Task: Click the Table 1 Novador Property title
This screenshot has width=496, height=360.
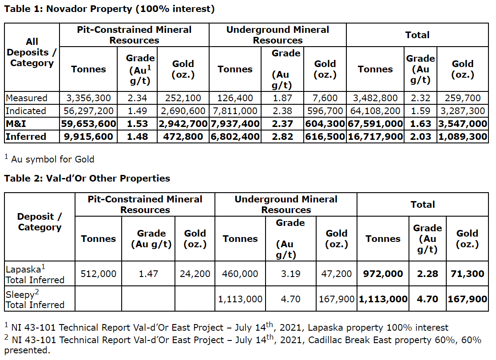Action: coord(109,9)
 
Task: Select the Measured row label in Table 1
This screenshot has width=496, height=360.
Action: coord(26,98)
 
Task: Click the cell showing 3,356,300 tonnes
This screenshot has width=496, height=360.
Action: coord(88,98)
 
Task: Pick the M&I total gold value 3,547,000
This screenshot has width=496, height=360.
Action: coord(463,124)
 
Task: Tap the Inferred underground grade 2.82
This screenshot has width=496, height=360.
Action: coord(282,137)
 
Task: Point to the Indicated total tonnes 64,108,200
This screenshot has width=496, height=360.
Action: coord(375,111)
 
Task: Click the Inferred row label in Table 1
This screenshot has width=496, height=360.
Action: coord(26,137)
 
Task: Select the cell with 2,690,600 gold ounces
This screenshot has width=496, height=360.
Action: coord(183,111)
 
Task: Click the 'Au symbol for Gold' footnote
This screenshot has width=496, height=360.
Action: coord(50,158)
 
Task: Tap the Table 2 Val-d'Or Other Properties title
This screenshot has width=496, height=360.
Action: coord(87,178)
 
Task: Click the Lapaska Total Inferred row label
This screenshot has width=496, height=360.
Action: coord(35,274)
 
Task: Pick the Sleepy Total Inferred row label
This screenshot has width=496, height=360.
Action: coord(35,299)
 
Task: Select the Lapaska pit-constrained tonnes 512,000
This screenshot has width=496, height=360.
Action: coord(98,274)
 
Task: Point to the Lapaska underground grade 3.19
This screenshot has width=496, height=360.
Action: coord(290,274)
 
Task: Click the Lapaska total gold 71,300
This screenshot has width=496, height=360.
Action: coord(467,274)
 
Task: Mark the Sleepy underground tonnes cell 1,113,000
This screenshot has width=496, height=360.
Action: coord(240,299)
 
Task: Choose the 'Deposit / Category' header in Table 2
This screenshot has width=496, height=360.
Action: coord(40,222)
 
